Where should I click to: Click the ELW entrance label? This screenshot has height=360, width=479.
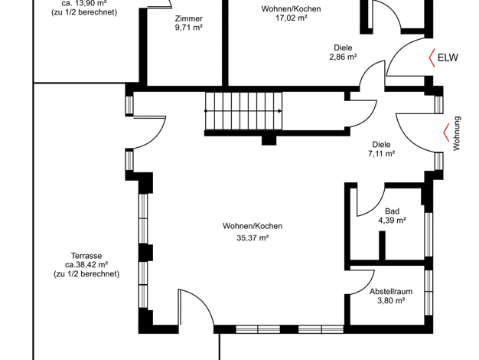click(448, 57)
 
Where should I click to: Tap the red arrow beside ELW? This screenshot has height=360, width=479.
click(432, 57)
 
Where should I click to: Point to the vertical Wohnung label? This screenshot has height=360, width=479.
click(456, 133)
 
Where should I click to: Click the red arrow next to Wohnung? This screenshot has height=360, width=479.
click(446, 133)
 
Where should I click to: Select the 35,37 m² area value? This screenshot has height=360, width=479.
click(253, 237)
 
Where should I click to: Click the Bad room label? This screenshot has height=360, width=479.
click(392, 211)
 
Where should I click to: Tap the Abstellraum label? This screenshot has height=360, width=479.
click(391, 292)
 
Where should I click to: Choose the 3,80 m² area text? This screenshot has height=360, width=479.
click(391, 301)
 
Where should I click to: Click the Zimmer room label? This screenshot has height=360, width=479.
click(189, 18)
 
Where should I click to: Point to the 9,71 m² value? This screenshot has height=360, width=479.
click(189, 28)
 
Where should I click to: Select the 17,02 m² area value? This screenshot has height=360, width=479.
click(292, 18)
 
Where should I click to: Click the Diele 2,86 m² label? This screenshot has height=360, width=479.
click(343, 52)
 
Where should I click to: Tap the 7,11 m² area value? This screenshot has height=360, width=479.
click(382, 153)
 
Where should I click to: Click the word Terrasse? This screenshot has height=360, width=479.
click(86, 256)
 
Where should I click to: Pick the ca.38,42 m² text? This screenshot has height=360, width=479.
click(86, 264)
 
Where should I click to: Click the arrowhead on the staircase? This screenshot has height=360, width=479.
click(280, 111)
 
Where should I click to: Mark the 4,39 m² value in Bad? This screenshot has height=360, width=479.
click(393, 221)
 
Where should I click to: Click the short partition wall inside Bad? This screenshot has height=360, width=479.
click(382, 246)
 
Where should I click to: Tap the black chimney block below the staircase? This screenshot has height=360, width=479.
click(269, 140)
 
